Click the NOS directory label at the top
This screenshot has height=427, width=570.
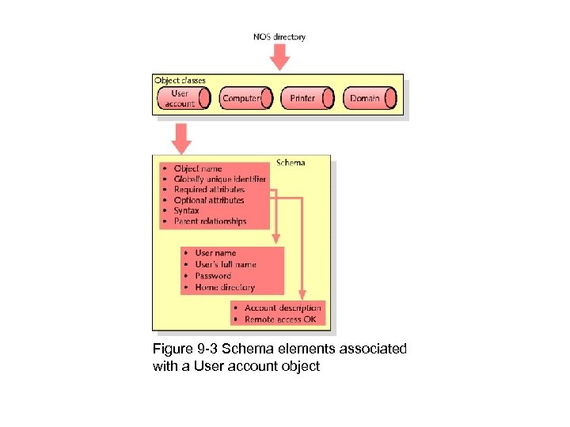click(279, 36)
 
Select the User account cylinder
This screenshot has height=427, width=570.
click(183, 98)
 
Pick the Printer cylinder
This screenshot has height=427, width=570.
click(303, 98)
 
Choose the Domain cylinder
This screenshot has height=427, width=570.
click(366, 98)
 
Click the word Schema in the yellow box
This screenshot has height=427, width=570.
click(291, 163)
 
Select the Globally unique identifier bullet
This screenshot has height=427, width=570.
click(220, 179)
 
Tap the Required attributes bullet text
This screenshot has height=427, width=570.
click(209, 190)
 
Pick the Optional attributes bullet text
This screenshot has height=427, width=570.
click(209, 201)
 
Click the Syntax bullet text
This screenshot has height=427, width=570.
click(187, 211)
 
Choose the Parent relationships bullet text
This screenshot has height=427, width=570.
click(210, 222)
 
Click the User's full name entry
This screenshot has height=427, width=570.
click(226, 265)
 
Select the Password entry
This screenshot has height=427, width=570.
click(213, 276)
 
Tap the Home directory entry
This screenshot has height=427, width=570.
click(225, 288)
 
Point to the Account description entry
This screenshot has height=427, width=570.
click(283, 308)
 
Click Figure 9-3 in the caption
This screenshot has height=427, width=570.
click(187, 350)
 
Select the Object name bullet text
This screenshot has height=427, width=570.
click(198, 168)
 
